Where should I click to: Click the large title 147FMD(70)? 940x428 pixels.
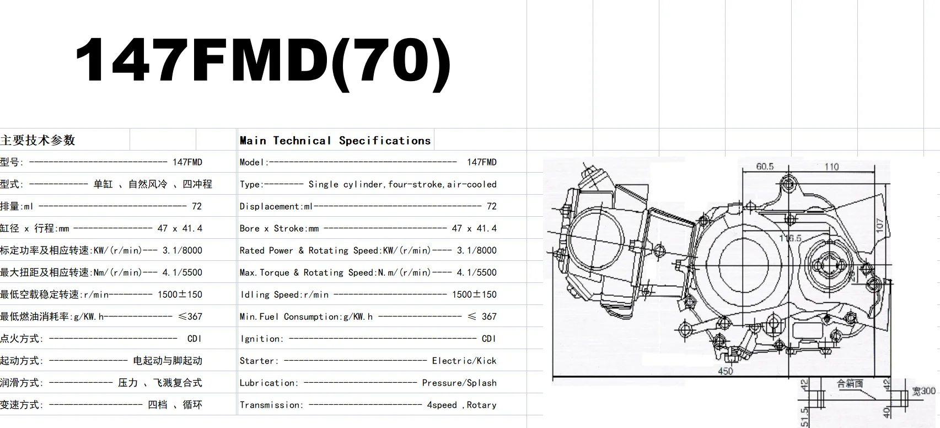point(262,60)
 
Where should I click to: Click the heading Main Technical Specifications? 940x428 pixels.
point(335,140)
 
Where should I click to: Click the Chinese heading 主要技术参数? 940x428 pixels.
point(37,140)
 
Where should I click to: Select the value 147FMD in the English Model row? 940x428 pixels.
point(481,162)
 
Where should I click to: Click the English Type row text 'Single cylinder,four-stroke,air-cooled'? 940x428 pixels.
point(402,184)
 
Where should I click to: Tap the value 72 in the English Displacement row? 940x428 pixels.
point(491,206)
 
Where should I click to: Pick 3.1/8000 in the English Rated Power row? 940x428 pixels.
point(476,250)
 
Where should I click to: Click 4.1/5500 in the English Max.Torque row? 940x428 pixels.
point(476,272)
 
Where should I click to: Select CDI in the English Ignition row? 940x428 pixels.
point(488,339)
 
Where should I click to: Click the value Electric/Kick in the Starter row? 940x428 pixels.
point(464,361)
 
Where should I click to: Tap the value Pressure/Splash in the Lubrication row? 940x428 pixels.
point(459,383)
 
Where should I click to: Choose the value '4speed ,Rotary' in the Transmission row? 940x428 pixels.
point(461,405)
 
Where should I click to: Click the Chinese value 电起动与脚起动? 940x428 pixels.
point(168,361)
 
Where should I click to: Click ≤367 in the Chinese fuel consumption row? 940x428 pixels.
point(190,317)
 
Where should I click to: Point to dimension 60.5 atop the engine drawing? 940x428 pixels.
point(765,167)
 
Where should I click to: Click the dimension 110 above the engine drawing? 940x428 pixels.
point(831,167)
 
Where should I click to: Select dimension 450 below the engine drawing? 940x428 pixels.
point(726,371)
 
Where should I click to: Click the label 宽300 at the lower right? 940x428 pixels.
point(924,391)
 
